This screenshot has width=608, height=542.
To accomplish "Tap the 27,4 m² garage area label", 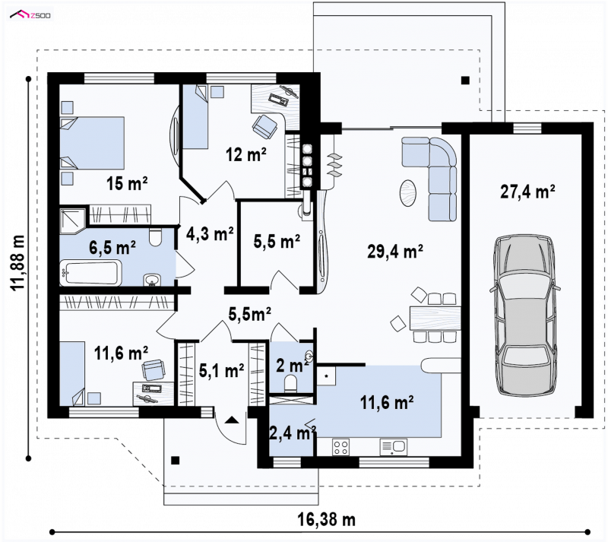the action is coord(527,192).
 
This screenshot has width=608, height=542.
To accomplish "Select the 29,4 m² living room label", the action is coord(394,252).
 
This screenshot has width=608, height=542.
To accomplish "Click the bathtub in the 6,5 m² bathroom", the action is coord(90,272).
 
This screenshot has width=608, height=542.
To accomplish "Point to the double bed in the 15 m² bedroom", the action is coord(92,143).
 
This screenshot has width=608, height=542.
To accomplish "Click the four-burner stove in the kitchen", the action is coord(340,447).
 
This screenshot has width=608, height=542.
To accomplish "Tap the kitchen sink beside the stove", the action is coord(393,447).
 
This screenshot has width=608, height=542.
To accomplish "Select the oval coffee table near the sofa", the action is coord(408,193).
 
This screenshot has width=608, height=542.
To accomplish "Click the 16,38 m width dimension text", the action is coord(327,519).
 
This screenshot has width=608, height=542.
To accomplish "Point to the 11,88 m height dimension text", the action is coord(17,262).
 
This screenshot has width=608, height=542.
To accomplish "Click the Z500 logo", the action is coord(30,15).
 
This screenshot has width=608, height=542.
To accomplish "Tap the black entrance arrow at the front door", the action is coord(232,420).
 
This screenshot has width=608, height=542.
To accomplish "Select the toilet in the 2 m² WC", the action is coord(290,384).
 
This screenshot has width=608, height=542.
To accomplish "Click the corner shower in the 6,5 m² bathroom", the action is coord(72,221).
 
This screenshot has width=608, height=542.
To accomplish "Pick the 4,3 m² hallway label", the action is coord(210,233).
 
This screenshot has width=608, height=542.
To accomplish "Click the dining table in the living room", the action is coord(435,319).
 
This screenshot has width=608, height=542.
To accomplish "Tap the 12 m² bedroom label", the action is coord(245,155).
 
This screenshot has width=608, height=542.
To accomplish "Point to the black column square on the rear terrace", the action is coord(465,81).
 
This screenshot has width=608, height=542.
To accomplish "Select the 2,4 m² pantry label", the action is coord(293,433).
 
